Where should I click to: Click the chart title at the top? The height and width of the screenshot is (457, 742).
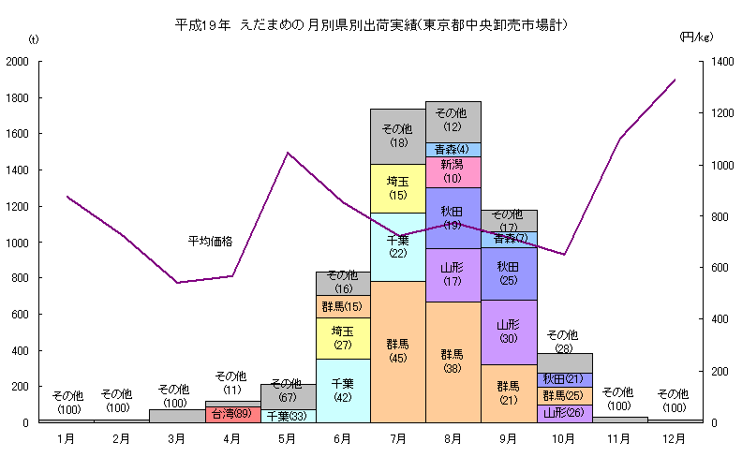[372, 23]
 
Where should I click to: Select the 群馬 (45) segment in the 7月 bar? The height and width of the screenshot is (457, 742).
[397, 351]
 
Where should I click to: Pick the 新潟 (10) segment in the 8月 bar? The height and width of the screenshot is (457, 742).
[453, 171]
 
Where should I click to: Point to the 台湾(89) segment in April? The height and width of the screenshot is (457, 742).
[232, 414]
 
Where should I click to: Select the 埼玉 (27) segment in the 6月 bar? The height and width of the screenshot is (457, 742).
[342, 337]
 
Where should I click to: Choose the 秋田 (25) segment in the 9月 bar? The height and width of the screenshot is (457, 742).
[509, 273]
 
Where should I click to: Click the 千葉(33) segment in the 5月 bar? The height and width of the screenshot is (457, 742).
[288, 416]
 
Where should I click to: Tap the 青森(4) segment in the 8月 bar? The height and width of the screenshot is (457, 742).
[453, 149]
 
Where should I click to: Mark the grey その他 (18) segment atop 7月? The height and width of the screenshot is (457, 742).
[397, 136]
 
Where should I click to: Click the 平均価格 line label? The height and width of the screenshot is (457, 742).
[210, 242]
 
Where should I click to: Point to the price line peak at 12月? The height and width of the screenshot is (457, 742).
[675, 81]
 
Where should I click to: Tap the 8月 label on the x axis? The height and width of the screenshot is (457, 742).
[453, 437]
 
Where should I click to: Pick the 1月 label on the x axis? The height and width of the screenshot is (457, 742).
[66, 437]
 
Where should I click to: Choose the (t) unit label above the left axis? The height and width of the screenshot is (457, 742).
[35, 38]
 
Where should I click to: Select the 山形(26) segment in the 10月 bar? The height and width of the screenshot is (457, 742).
[564, 413]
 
